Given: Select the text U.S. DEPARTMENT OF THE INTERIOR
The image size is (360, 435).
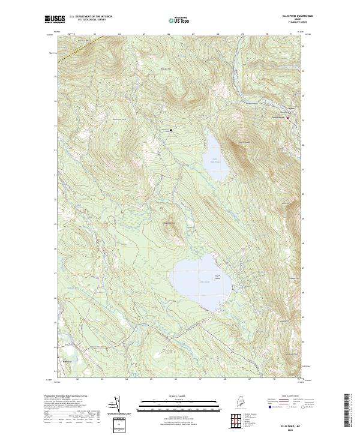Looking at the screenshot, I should point(91,16).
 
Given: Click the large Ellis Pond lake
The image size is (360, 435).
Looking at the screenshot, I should point(195,277).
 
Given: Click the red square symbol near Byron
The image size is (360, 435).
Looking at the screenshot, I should point(287,118).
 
